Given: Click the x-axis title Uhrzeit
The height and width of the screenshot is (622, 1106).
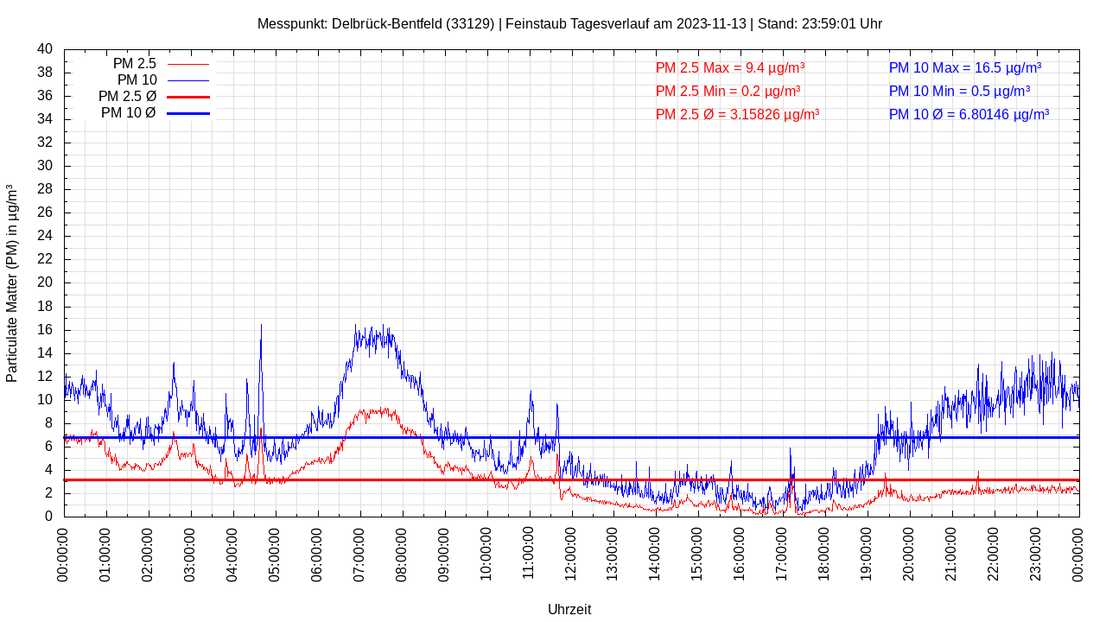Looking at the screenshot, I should [x=569, y=609].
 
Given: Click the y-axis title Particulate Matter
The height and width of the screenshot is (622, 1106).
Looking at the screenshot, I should [x=12, y=282].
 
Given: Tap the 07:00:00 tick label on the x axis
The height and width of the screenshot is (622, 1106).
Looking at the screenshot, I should [x=359, y=553].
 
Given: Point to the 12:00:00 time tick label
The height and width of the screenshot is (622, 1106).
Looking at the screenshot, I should [x=570, y=553].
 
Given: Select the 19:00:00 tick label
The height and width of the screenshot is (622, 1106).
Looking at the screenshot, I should [x=867, y=553].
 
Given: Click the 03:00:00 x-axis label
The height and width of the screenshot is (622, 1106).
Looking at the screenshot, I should [x=190, y=553].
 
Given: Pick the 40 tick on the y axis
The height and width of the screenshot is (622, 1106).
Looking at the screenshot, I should [x=45, y=49].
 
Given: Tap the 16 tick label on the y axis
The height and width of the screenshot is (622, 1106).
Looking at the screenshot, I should [x=45, y=330].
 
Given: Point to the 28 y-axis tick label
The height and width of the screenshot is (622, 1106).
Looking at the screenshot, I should [x=45, y=189].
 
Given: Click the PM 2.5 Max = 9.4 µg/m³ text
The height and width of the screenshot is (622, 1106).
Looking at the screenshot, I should [x=730, y=67].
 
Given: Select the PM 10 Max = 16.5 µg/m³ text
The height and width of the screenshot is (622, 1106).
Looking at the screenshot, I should [x=964, y=67].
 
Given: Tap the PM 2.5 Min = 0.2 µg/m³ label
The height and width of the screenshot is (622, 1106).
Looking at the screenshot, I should [x=728, y=91].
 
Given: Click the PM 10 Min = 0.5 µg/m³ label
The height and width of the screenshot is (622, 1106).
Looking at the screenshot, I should [x=959, y=91].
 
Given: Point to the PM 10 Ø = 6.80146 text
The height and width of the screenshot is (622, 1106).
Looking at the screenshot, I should [x=969, y=114].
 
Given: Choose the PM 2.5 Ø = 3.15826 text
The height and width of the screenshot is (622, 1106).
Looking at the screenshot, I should [x=737, y=114].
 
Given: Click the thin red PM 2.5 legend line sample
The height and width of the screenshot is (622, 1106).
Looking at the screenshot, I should [x=188, y=64].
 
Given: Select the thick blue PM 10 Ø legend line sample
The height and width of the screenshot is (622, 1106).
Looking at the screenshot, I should [x=188, y=113].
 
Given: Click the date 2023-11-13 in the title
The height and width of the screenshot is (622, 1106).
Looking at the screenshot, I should [x=710, y=23].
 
